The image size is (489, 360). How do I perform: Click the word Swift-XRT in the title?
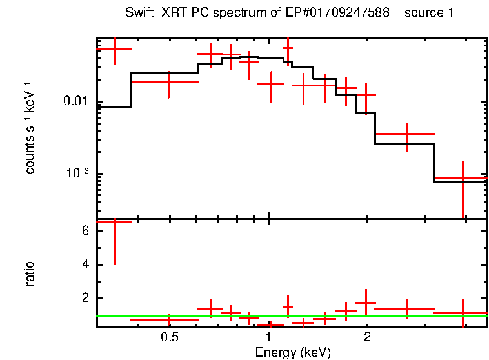[150, 13]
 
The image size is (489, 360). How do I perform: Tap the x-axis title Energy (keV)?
[292, 352]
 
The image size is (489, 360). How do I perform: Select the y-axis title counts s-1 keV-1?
[30, 128]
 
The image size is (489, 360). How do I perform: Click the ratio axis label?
[30, 274]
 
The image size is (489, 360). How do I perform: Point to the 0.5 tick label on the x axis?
[169, 337]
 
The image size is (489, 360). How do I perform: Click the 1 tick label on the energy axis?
[268, 337]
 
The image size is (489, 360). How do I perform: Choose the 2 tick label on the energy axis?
[366, 337]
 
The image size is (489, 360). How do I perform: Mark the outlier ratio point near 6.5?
[114, 221]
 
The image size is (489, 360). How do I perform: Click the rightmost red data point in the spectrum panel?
[463, 178]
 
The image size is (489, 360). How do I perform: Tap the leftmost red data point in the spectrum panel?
[114, 48]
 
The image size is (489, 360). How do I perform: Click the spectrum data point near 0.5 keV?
[169, 82]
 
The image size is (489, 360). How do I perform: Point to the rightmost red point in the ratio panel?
[463, 314]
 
